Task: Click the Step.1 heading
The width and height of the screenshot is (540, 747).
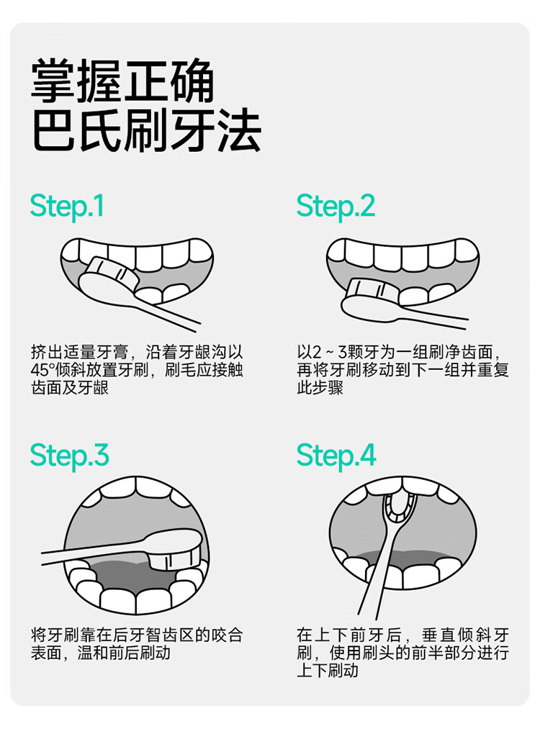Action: (x=67, y=206)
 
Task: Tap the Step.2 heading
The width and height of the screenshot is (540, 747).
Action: (x=336, y=206)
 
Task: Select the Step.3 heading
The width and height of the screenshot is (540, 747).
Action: (x=69, y=455)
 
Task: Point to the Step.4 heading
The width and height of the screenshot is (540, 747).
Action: (x=336, y=455)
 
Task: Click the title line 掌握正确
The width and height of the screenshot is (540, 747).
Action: (x=123, y=80)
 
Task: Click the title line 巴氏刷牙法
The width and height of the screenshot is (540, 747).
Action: (x=146, y=130)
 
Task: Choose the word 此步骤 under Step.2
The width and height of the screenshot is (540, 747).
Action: (x=320, y=387)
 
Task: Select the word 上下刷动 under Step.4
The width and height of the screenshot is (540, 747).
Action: (x=328, y=670)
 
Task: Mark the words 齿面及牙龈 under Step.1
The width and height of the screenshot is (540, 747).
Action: (x=70, y=387)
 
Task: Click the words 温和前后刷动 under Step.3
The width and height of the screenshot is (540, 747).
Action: (x=123, y=652)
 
